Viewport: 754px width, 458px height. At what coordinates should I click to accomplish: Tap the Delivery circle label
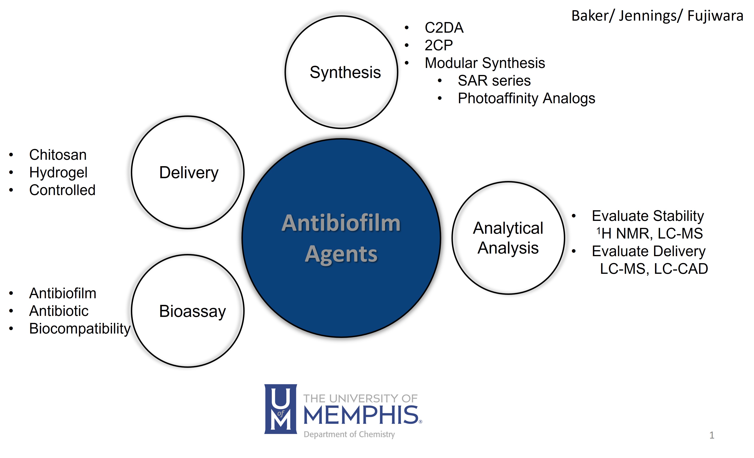coord(189,173)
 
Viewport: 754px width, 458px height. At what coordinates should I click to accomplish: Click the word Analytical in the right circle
coord(508,228)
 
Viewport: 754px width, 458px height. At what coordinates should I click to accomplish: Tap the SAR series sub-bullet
coord(494,81)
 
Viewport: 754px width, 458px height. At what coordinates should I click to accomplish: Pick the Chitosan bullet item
coord(58,155)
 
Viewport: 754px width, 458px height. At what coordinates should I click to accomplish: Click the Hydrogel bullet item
coord(58,173)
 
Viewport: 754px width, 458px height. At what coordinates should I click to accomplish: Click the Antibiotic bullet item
coord(59,311)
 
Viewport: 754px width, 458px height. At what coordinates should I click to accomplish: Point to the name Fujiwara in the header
coord(715,16)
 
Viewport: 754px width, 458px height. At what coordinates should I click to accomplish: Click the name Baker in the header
coord(590,16)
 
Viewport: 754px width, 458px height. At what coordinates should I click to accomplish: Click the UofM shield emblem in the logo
coord(280,409)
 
